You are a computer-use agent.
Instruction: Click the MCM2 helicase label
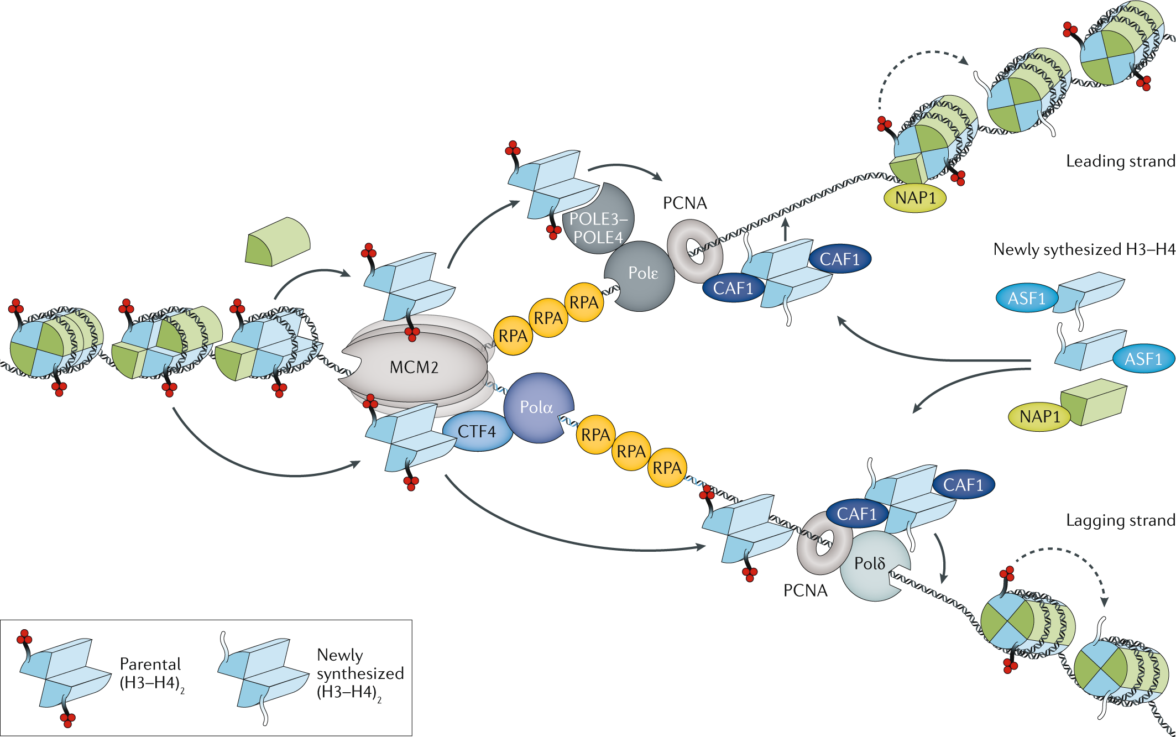tap(414, 367)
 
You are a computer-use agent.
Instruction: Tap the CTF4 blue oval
tap(477, 431)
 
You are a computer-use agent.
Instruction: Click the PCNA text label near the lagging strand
tap(805, 590)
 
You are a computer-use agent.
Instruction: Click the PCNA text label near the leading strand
tap(684, 203)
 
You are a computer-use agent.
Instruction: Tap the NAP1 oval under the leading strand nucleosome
tap(915, 198)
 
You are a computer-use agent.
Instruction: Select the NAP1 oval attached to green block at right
tap(1039, 416)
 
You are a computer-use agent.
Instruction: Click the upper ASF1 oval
tap(1026, 299)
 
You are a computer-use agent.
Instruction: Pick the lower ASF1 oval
tap(1143, 359)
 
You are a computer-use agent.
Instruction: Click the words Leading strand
tap(1120, 161)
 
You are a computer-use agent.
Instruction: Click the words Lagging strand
tap(1120, 520)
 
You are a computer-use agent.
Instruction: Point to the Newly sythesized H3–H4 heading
tap(1084, 249)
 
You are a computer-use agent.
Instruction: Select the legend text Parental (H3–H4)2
tap(150, 673)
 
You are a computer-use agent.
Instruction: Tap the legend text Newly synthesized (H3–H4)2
tap(360, 673)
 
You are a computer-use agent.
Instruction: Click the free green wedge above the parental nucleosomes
tap(278, 242)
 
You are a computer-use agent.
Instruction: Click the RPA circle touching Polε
tap(584, 302)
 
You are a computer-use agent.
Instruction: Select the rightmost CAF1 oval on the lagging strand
tap(963, 485)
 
